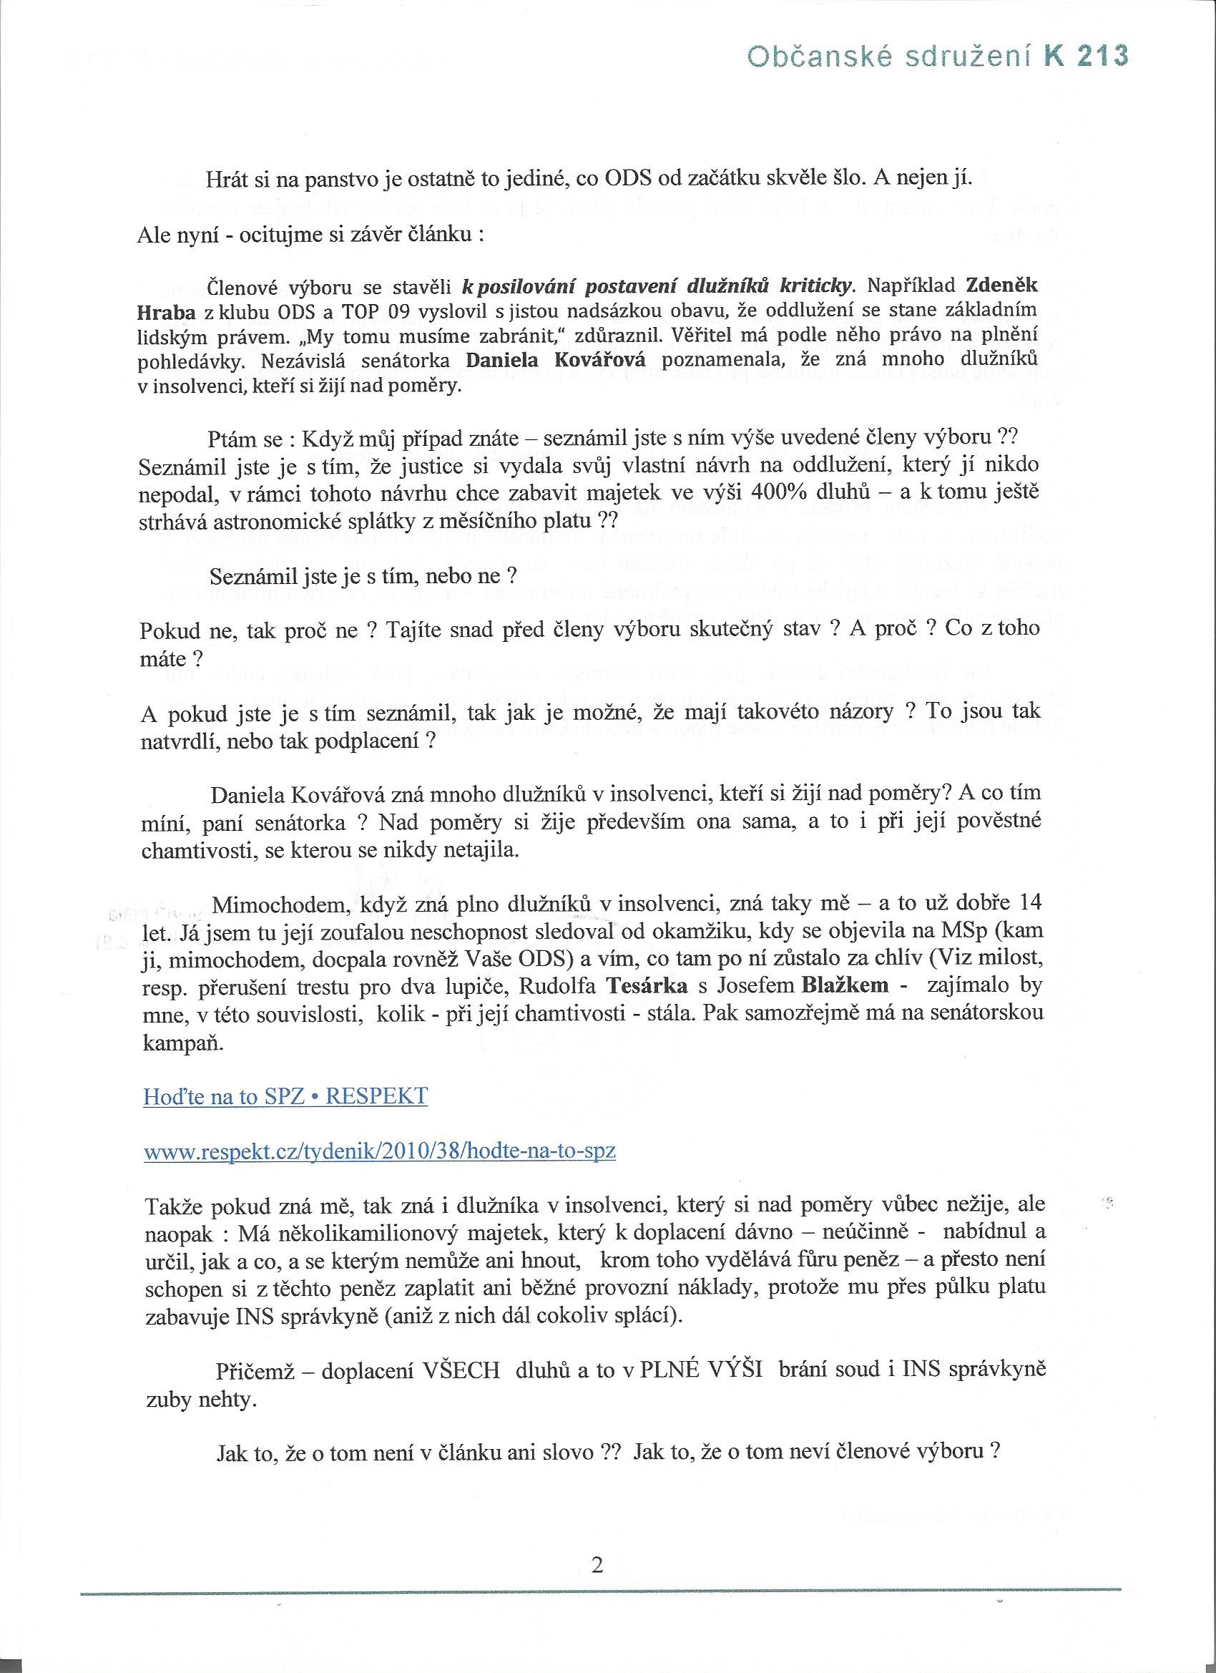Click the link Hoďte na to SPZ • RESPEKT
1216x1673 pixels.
coord(285,1096)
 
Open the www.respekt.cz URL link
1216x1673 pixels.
coord(380,1151)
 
